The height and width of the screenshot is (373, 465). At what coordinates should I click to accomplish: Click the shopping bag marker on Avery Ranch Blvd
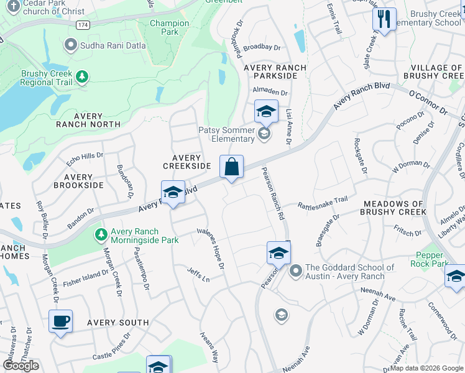[231, 167]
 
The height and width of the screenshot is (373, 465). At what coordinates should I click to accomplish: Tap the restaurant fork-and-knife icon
[384, 19]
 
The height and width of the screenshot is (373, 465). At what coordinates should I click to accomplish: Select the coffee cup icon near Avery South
[60, 321]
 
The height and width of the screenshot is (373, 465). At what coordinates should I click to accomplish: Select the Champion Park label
[169, 27]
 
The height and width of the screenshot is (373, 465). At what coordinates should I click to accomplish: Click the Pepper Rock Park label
[429, 259]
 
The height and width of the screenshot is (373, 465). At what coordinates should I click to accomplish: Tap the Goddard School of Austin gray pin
[295, 271]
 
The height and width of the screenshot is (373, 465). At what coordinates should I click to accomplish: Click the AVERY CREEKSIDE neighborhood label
[186, 162]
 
